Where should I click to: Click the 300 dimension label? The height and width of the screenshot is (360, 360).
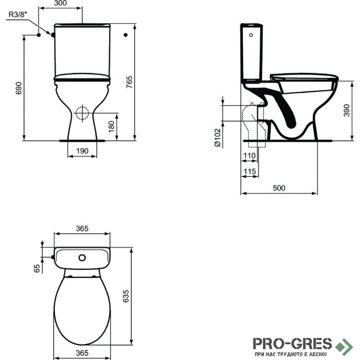60,3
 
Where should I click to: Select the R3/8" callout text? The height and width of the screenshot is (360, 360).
18,14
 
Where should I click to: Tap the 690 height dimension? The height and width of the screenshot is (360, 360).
18,88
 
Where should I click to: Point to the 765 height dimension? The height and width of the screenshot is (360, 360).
129,82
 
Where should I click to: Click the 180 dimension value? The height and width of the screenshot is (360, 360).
111,126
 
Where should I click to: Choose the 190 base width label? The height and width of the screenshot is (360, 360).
82,151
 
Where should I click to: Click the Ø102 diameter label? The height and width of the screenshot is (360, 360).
217,138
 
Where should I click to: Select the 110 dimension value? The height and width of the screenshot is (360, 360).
249,156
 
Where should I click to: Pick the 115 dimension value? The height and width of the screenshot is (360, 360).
250,171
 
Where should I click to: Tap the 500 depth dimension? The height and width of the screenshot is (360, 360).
279,188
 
